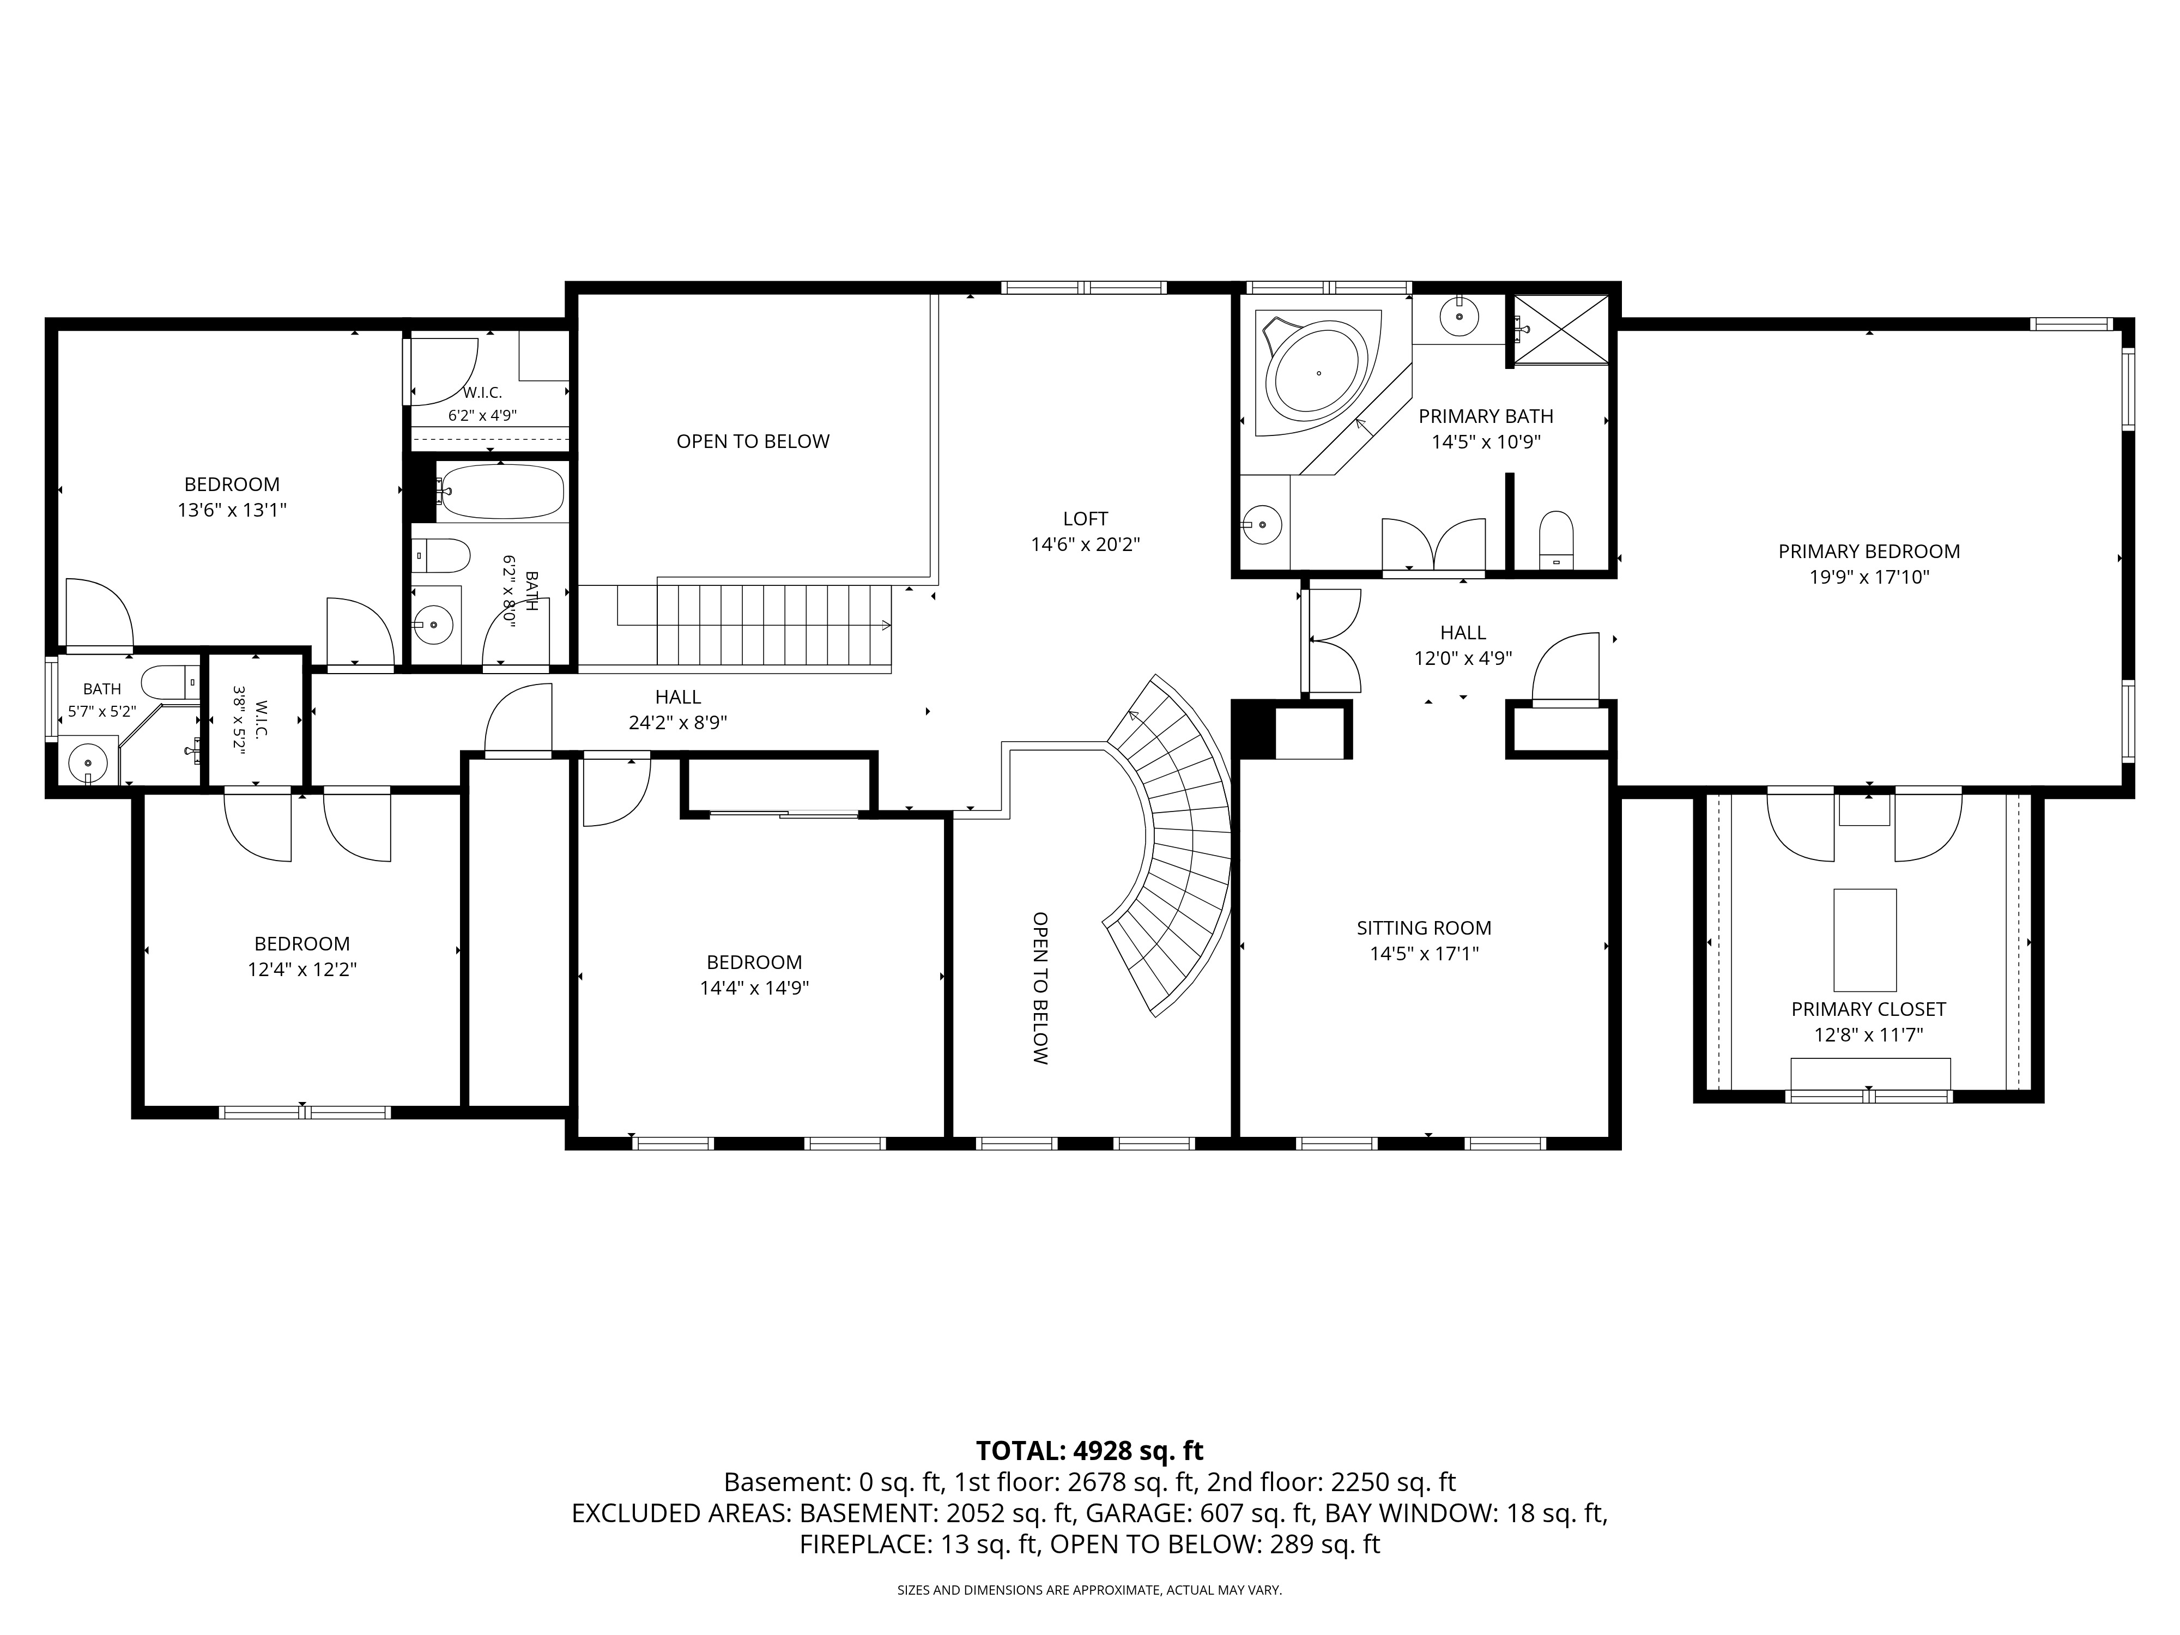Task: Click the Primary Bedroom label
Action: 1869,552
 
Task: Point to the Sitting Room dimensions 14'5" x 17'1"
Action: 1424,954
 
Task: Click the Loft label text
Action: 1085,518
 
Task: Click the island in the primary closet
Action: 1864,939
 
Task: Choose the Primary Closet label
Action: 1869,1009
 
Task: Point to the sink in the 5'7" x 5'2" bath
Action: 90,762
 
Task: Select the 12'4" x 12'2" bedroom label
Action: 301,944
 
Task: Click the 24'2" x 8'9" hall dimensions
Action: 678,722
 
